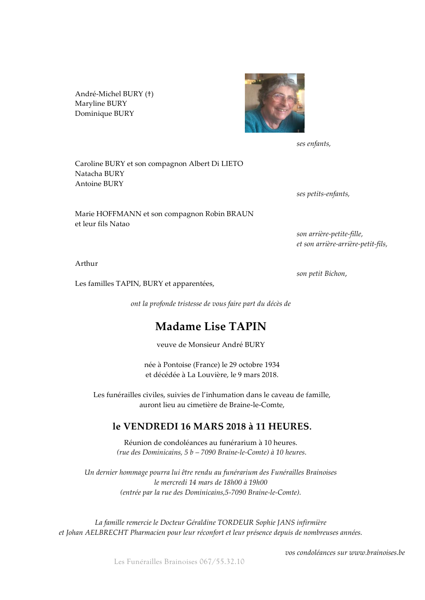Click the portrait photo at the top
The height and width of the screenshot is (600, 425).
(275, 103)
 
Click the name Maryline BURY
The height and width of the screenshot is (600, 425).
(101, 103)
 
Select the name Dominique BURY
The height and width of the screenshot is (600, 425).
(104, 114)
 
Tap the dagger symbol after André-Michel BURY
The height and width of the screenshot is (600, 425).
(149, 94)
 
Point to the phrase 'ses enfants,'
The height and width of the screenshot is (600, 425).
(313, 144)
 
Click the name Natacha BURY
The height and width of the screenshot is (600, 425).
(99, 174)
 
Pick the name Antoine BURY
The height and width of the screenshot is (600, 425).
(99, 184)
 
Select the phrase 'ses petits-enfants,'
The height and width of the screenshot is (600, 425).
(323, 194)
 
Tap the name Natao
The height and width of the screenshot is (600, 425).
(119, 224)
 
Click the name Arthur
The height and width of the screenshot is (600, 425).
(86, 264)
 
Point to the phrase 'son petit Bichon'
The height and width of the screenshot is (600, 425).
(321, 274)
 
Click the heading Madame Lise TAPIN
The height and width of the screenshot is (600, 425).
(211, 326)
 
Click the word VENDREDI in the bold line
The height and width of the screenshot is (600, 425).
(150, 427)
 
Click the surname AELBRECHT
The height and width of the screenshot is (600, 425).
(107, 533)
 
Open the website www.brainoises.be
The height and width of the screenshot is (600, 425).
(377, 553)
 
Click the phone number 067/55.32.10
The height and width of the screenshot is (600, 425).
(222, 562)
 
